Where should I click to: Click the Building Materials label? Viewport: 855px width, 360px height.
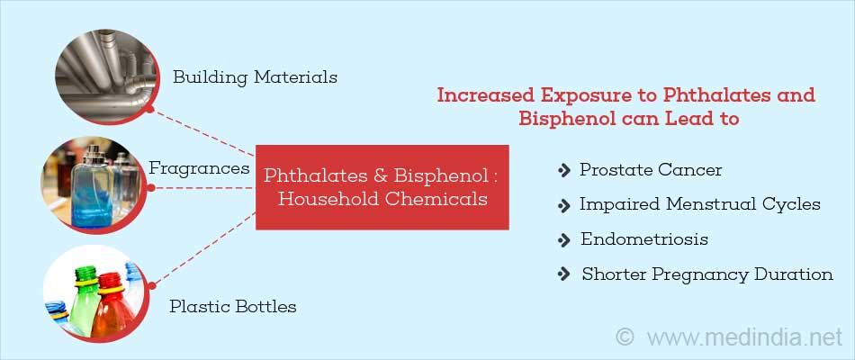[256, 76]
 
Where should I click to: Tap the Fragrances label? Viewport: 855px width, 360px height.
[199, 168]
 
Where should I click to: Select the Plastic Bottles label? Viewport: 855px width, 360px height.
[233, 306]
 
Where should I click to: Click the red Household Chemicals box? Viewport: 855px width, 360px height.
[382, 187]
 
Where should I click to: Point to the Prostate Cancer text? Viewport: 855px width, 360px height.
[651, 170]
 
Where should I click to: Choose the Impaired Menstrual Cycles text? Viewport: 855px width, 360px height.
[699, 204]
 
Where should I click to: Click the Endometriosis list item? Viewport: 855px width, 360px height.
[644, 238]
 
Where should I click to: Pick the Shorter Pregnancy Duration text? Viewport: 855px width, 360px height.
[707, 274]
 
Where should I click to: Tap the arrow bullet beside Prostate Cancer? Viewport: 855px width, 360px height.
[563, 171]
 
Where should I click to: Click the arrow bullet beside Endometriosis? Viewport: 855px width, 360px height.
[563, 240]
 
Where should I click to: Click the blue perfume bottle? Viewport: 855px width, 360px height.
[92, 187]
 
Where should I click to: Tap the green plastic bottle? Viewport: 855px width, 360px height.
[85, 301]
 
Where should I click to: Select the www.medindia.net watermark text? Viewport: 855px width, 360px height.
[745, 337]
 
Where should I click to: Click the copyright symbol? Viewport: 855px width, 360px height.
[625, 337]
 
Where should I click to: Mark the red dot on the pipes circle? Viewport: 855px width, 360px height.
[149, 110]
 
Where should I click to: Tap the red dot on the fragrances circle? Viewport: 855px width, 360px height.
[151, 187]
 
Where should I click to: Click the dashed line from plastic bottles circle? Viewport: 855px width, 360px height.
[205, 248]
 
